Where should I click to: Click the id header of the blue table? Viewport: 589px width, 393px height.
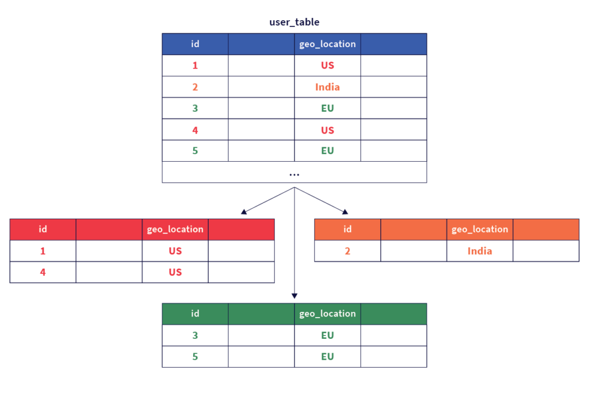195,44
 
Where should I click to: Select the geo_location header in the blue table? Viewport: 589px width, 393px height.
327,44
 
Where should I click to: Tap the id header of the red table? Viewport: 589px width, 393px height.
43,230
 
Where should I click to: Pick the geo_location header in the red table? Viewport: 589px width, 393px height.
175,230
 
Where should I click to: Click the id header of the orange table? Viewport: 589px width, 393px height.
347,230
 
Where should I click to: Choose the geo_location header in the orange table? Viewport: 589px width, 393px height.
480,230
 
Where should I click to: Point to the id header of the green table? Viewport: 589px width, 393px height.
195,314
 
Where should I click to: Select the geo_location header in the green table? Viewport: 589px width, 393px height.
327,314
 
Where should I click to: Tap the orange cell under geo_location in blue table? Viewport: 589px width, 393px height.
338,87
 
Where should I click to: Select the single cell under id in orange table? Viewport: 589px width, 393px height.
362,254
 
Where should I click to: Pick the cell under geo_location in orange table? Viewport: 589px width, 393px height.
490,254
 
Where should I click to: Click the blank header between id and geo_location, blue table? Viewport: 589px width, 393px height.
261,44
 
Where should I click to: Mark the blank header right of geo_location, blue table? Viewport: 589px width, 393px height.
393,44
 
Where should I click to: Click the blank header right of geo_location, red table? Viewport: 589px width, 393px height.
241,230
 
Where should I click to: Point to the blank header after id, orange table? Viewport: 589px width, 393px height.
414,230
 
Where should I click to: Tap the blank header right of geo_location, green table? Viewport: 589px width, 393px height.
393,314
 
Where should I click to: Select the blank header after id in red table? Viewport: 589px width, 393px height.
109,230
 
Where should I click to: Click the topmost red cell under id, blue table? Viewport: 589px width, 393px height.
210,68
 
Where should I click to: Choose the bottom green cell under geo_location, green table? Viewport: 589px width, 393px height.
341,360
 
